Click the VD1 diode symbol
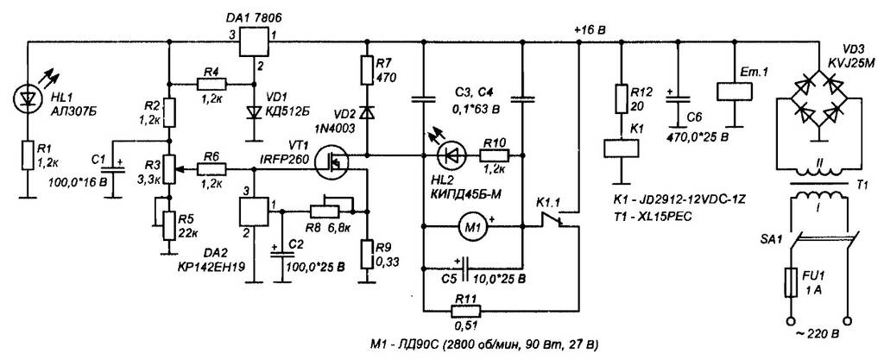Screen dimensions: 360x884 pyautogui.click(x=252, y=111)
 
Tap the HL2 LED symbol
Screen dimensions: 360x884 pyautogui.click(x=451, y=156)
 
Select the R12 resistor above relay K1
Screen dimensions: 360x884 pyautogui.click(x=621, y=98)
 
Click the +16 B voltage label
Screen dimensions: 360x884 pyautogui.click(x=590, y=30)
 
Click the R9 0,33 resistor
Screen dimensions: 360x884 pyautogui.click(x=367, y=251)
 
